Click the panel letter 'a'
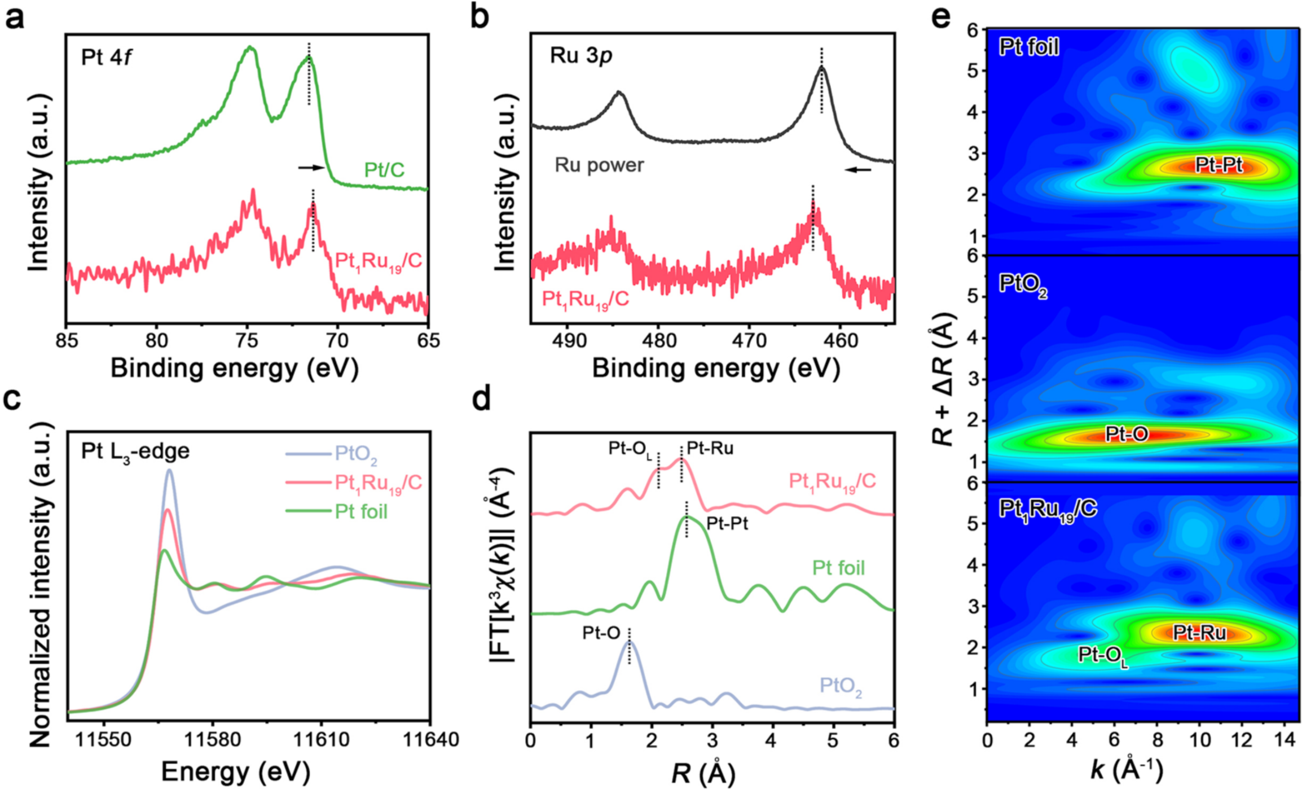click(15, 18)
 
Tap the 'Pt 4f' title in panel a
click(107, 57)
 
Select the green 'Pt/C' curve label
click(384, 170)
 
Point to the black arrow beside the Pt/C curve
click(311, 168)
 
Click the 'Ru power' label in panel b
click(599, 165)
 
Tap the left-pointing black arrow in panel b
click(858, 169)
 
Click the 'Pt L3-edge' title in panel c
click(135, 452)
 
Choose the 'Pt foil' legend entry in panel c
click(337, 512)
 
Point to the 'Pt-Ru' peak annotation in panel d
click(710, 449)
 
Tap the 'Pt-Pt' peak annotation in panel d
click(727, 524)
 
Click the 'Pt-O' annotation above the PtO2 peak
click(601, 633)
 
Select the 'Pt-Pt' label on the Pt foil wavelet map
click(1219, 165)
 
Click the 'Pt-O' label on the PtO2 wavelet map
click(1127, 434)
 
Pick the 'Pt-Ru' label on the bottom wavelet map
click(1200, 633)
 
